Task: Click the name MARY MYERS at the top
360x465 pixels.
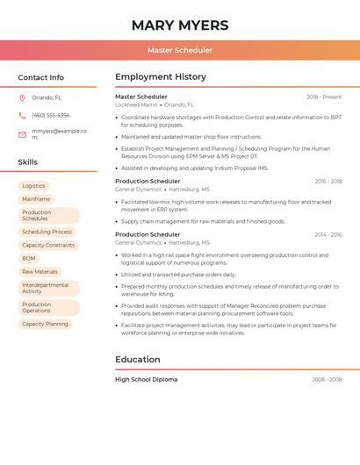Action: coord(179,25)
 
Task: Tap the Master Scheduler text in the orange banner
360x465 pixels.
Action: coord(179,50)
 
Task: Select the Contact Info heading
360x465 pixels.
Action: coord(40,77)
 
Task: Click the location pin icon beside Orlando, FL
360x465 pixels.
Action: coord(22,98)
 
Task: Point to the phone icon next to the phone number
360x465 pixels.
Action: coord(22,115)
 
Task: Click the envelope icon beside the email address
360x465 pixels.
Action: coord(22,134)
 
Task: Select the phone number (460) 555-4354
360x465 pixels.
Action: coord(50,115)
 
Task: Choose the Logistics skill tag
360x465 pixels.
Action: coord(33,186)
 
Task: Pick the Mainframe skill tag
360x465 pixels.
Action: coord(36,199)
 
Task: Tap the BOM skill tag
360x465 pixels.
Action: coord(29,259)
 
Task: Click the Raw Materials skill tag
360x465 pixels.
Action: coord(40,272)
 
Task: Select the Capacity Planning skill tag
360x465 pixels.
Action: coord(45,324)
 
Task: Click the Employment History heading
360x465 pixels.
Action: coord(161,77)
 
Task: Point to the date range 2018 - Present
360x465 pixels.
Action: coord(324,97)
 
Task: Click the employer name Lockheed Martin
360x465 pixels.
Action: coord(136,104)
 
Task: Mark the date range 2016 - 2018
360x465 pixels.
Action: coord(328,182)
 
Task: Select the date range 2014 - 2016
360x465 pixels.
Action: coord(328,235)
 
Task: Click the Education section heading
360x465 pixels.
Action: coord(138,359)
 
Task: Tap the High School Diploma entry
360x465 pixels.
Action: coord(146,380)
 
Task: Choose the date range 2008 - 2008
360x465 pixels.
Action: coord(327,380)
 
